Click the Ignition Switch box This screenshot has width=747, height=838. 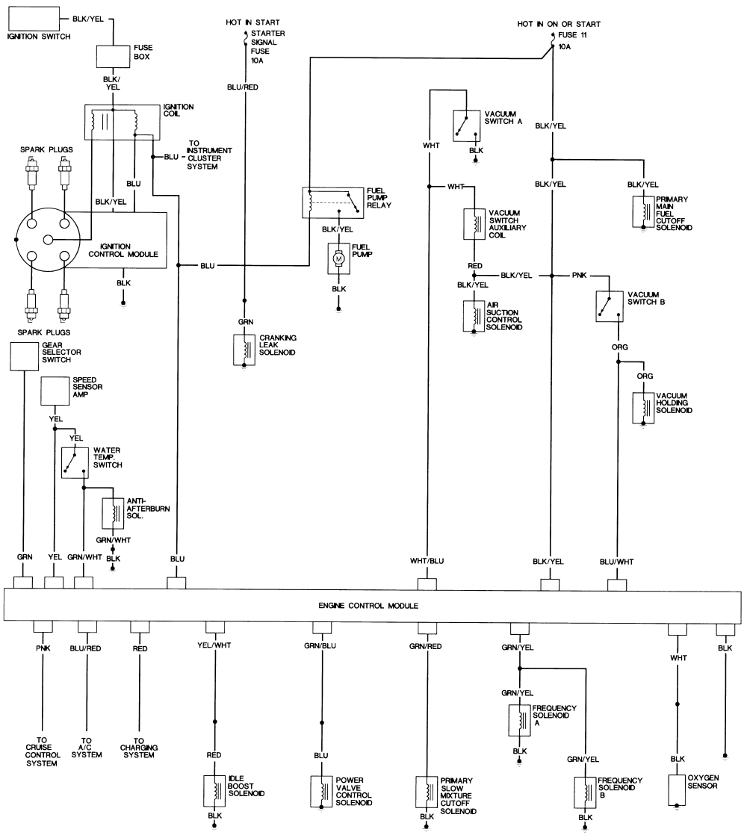point(32,18)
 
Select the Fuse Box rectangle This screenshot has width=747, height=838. point(113,58)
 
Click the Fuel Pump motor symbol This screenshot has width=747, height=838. point(338,258)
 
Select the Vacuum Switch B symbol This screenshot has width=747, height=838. point(610,306)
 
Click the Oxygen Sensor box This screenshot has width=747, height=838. point(678,790)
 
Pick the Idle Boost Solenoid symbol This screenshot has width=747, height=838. point(214,791)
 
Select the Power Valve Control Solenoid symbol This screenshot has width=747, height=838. point(321,791)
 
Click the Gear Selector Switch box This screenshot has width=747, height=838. point(24,356)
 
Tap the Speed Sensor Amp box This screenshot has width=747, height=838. point(55,391)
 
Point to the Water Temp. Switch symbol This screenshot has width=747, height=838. point(75,463)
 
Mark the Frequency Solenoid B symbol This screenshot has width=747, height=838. point(584,791)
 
